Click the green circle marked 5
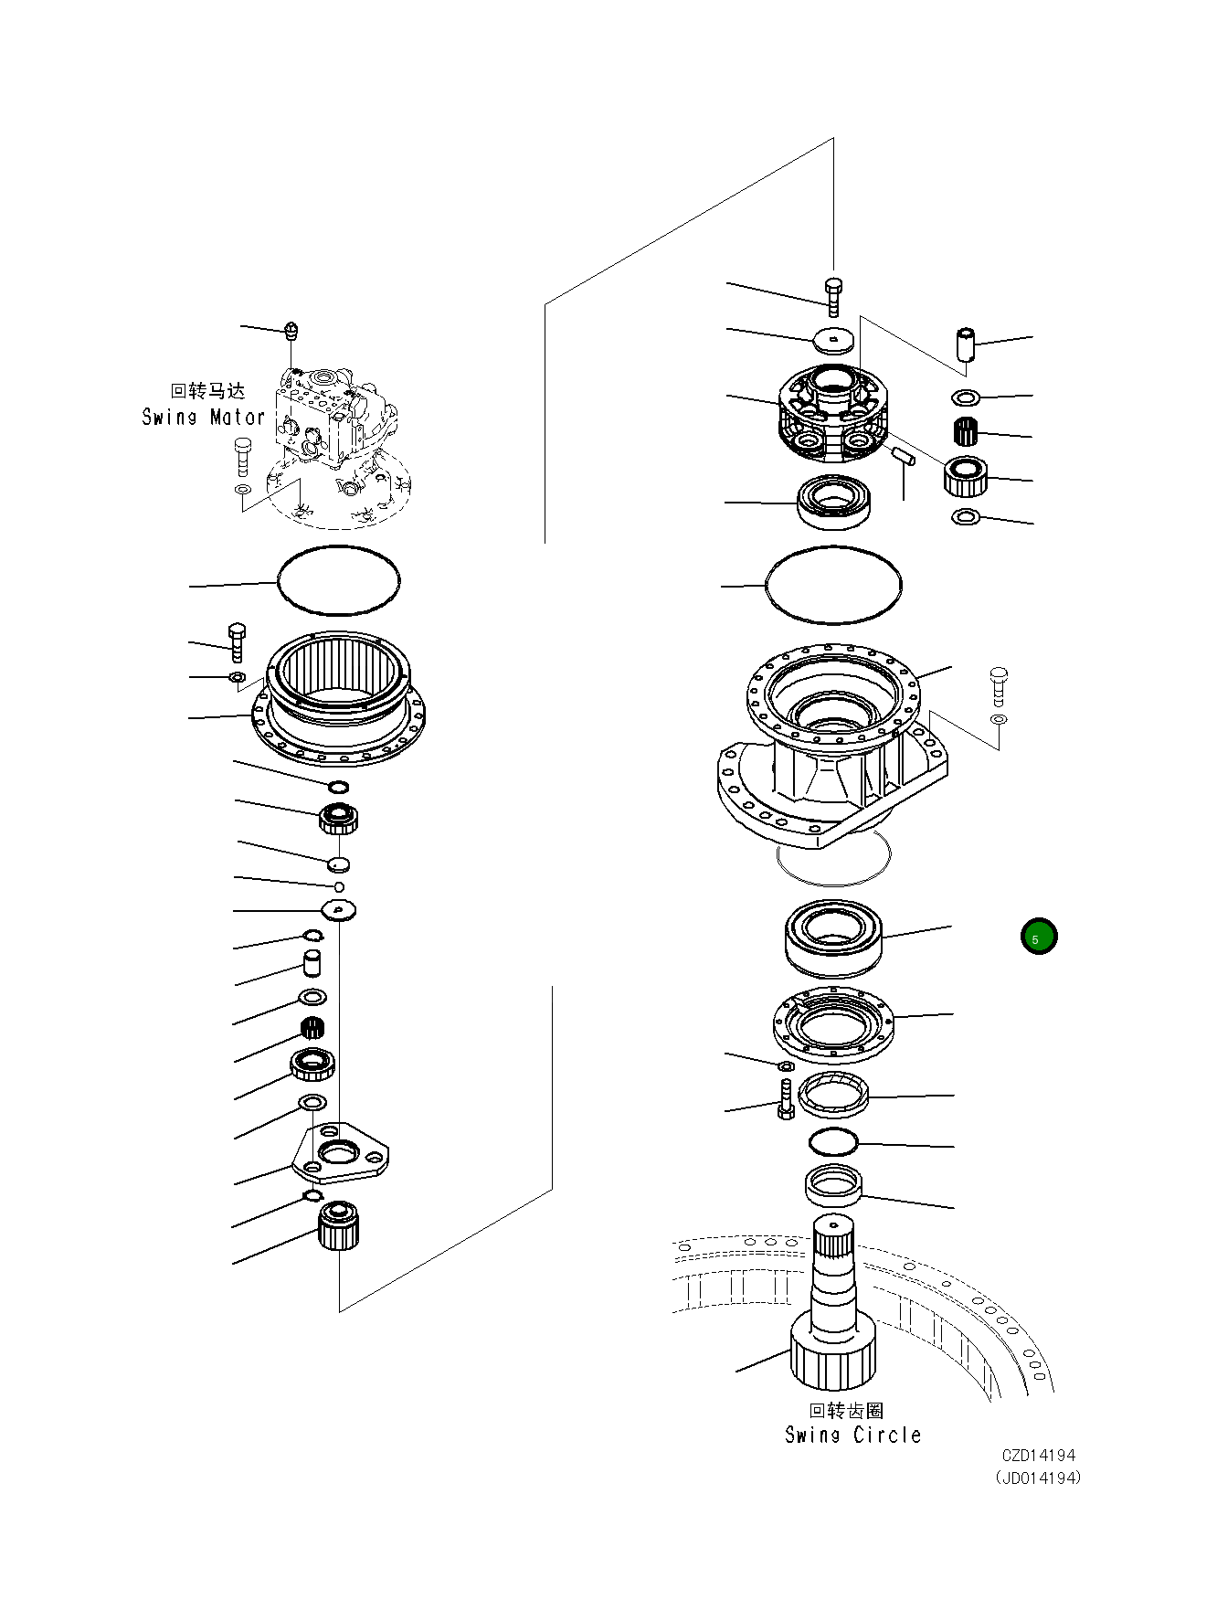click(1038, 937)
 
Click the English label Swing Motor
click(203, 418)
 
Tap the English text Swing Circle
click(852, 1435)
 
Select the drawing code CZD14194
click(1038, 1456)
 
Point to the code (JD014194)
click(1038, 1478)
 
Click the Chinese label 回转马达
click(208, 391)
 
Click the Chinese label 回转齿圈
click(846, 1411)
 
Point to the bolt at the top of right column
click(832, 294)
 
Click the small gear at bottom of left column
click(339, 1226)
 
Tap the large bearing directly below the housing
click(832, 936)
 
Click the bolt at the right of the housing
click(998, 686)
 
